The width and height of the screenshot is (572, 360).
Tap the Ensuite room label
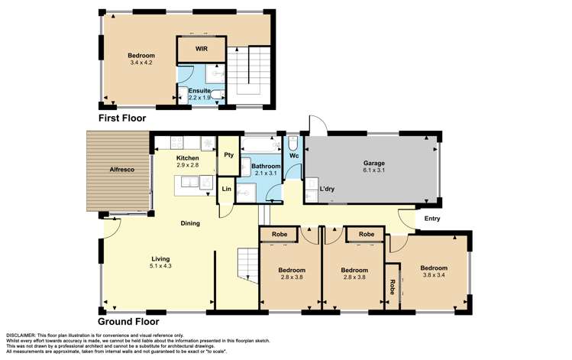pyautogui.click(x=200, y=91)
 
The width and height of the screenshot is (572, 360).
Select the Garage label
pyautogui.click(x=373, y=163)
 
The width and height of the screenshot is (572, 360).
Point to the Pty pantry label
pyautogui.click(x=228, y=154)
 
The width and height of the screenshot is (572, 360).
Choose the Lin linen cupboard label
pyautogui.click(x=226, y=189)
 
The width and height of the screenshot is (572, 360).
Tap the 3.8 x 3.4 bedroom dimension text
pyautogui.click(x=434, y=276)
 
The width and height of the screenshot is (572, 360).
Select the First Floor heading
pyautogui.click(x=121, y=118)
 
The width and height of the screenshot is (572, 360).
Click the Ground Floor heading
pyautogui.click(x=128, y=322)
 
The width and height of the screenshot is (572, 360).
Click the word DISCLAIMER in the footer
pyautogui.click(x=24, y=336)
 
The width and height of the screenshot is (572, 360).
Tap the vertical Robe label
pyautogui.click(x=393, y=287)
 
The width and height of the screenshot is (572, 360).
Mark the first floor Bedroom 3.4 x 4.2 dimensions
pyautogui.click(x=141, y=63)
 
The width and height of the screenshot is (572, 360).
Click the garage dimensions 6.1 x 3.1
pyautogui.click(x=373, y=170)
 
